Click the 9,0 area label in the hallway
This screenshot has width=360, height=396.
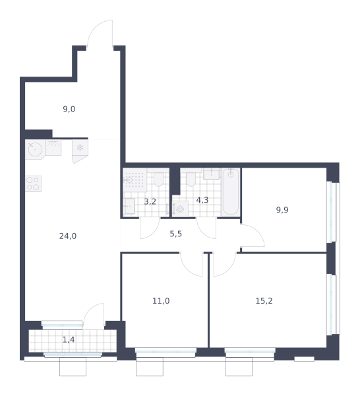69,110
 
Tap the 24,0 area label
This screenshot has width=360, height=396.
68,236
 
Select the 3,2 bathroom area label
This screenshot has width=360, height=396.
150,202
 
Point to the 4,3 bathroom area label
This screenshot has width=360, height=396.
202,200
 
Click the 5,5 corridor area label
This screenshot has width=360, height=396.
176,234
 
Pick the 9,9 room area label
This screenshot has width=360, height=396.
282,210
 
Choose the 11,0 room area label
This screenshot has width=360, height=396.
161,301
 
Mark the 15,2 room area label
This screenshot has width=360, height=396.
264,301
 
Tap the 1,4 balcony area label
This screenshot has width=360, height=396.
69,340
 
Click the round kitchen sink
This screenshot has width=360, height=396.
35,149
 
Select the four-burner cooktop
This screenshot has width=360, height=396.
33,183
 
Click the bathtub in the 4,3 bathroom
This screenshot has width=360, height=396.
231,192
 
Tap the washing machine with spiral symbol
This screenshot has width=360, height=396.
180,209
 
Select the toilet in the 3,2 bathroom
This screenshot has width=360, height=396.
158,178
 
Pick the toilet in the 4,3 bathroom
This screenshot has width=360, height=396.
191,178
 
